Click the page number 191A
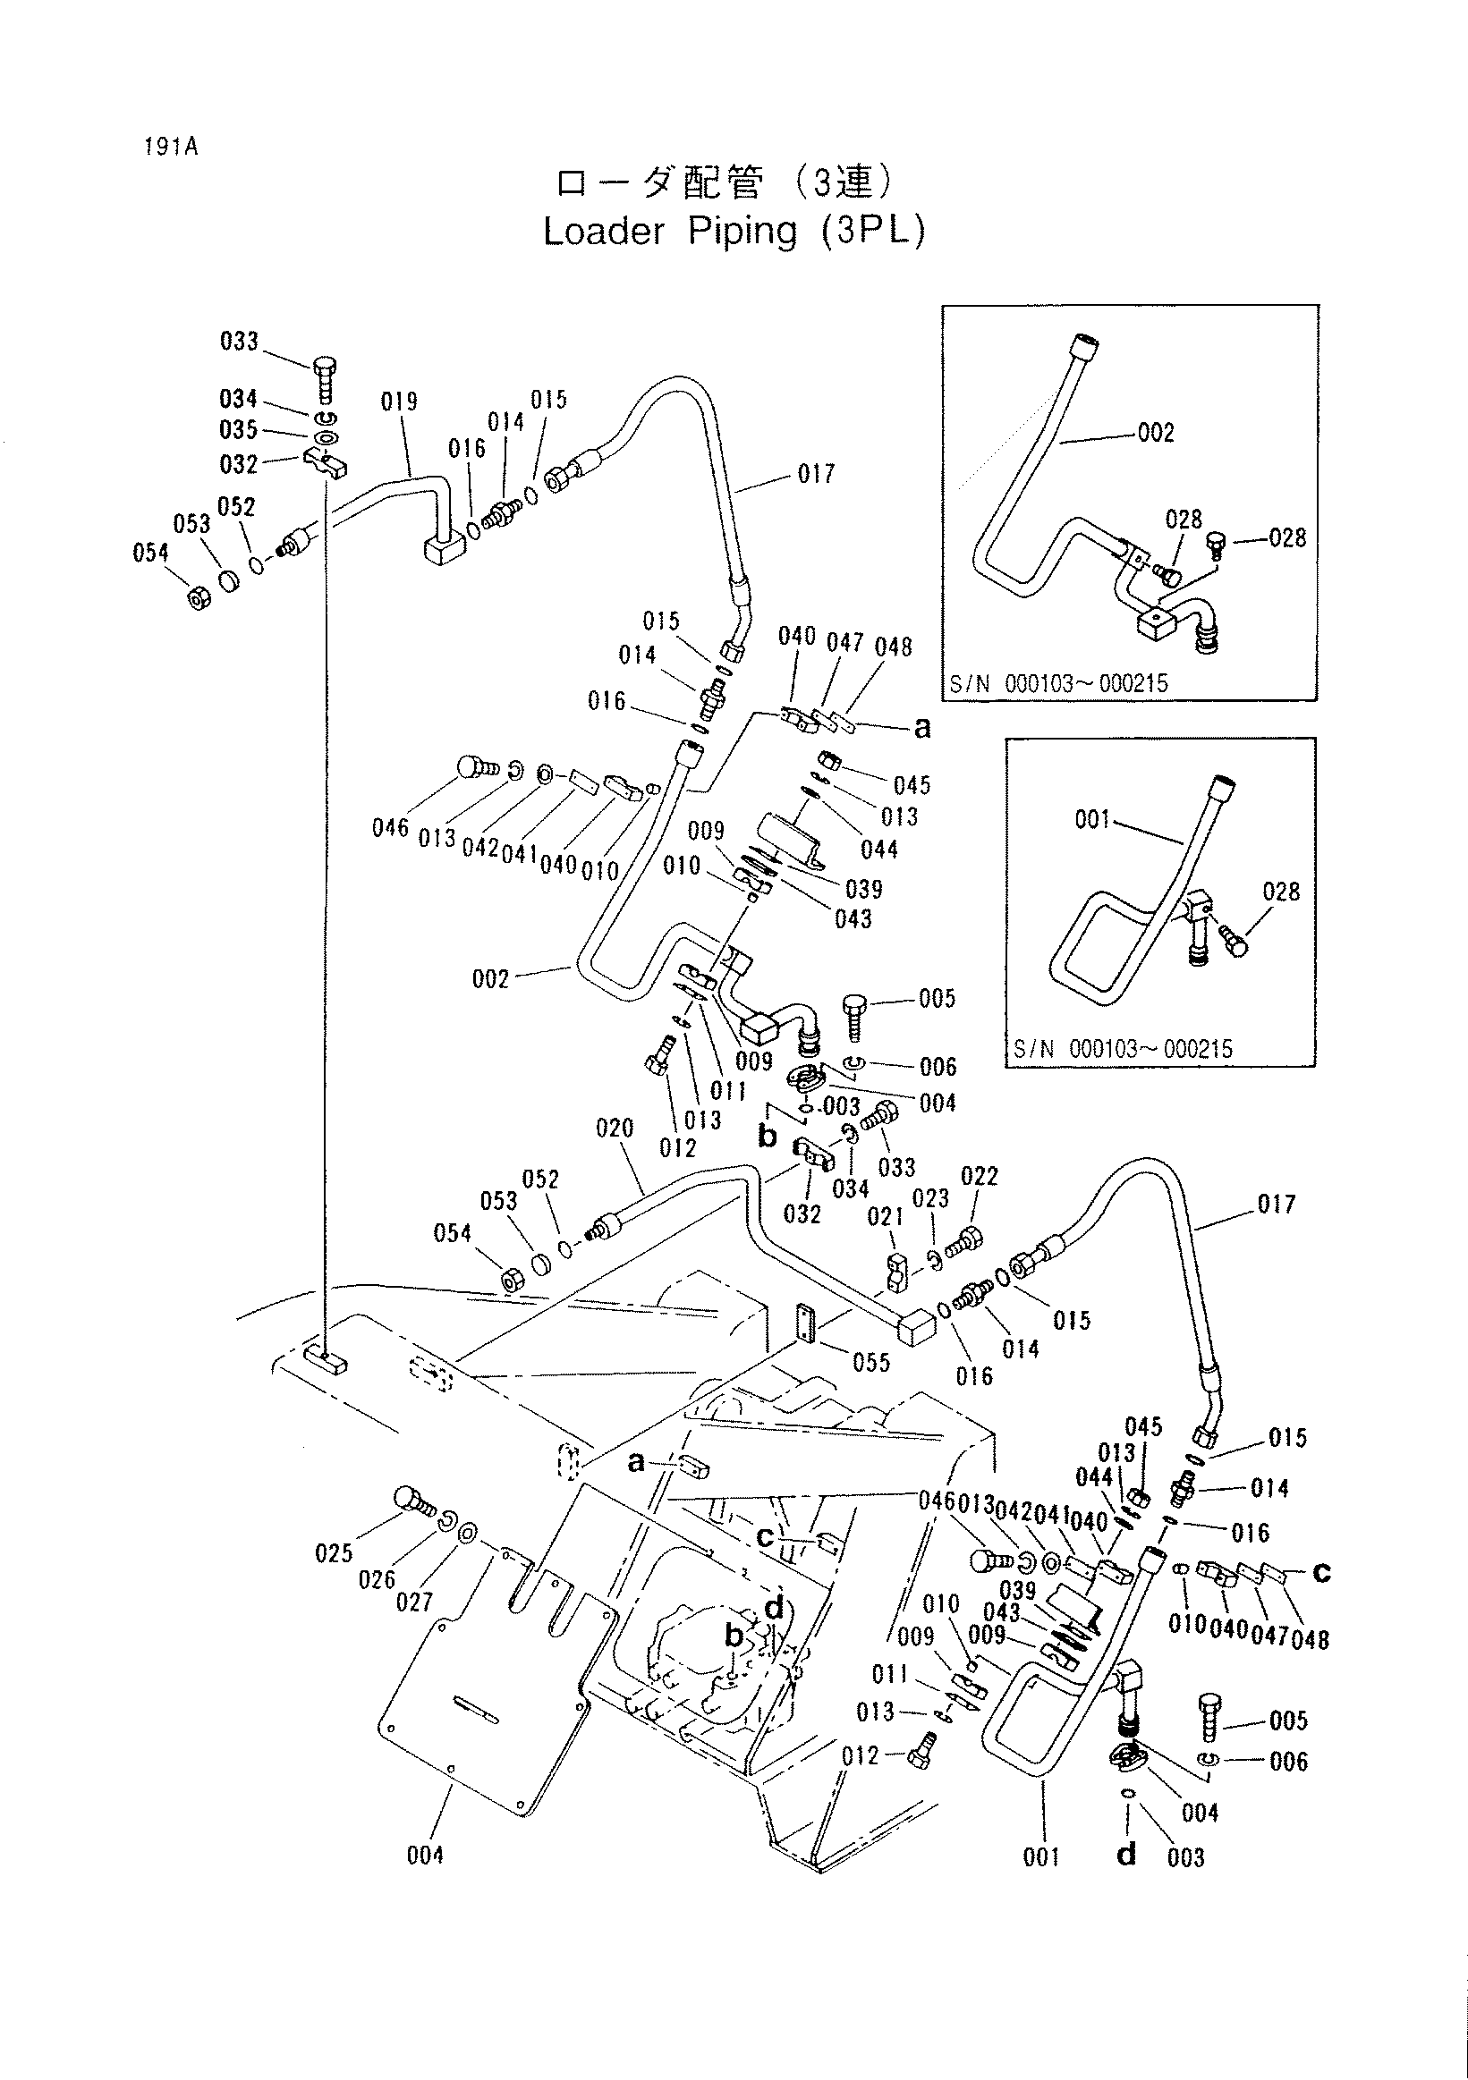170,146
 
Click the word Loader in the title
604,232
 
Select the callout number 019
399,402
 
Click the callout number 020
615,1129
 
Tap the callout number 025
334,1553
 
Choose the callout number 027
414,1602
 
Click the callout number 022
979,1177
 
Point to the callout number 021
886,1217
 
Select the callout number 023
930,1198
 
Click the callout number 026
377,1580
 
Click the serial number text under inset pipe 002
1059,684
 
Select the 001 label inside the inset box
1092,820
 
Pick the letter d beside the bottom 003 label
1126,1856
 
